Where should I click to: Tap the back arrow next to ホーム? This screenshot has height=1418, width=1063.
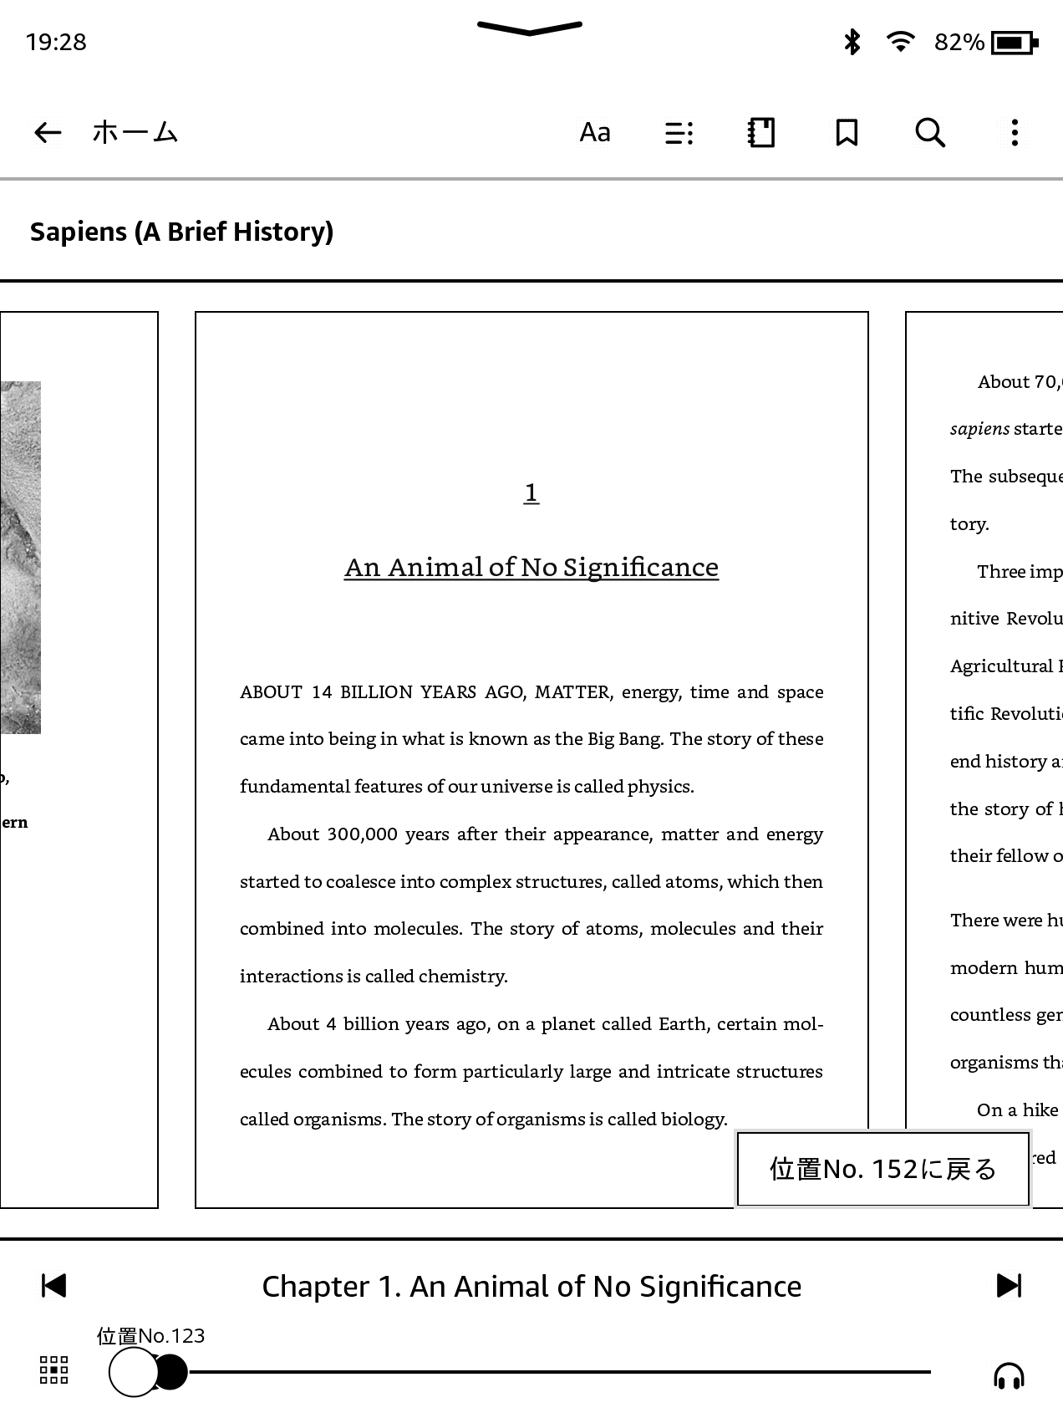click(48, 132)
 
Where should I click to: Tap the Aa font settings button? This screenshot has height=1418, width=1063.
click(595, 132)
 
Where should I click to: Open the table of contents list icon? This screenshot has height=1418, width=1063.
click(679, 133)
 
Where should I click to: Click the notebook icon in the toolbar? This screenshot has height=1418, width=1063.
click(760, 132)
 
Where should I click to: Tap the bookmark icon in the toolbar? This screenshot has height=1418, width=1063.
click(847, 132)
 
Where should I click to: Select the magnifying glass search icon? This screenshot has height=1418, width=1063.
click(930, 132)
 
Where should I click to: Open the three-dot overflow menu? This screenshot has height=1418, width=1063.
click(1015, 132)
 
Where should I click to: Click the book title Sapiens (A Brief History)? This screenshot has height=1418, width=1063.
click(181, 232)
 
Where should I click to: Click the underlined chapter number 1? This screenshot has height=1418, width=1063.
click(531, 492)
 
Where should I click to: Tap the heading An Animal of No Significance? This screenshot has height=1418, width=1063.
click(531, 567)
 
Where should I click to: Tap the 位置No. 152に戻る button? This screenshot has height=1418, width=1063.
click(882, 1169)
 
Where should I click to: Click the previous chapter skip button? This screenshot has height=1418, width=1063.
click(53, 1286)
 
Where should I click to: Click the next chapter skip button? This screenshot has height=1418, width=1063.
click(1009, 1286)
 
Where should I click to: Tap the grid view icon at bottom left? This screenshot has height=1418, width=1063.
click(54, 1370)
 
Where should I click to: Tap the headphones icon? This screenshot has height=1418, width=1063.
click(1009, 1375)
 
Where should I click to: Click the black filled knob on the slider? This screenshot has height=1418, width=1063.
click(170, 1372)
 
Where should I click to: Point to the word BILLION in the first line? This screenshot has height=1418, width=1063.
click(376, 692)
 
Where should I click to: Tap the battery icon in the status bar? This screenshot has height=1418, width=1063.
click(1014, 42)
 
